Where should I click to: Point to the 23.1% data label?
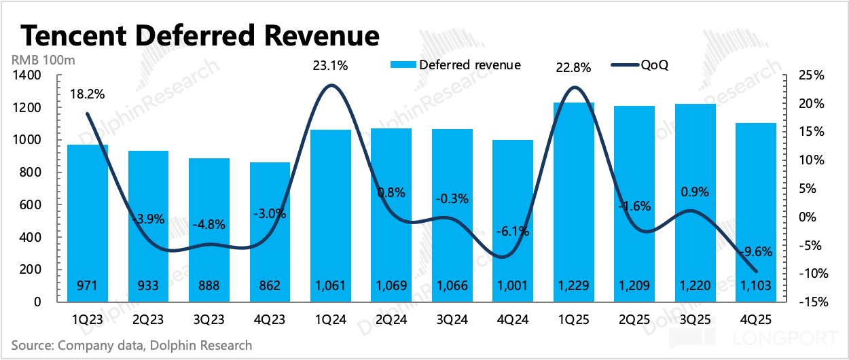pos(330,66)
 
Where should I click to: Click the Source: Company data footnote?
pos(131,345)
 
